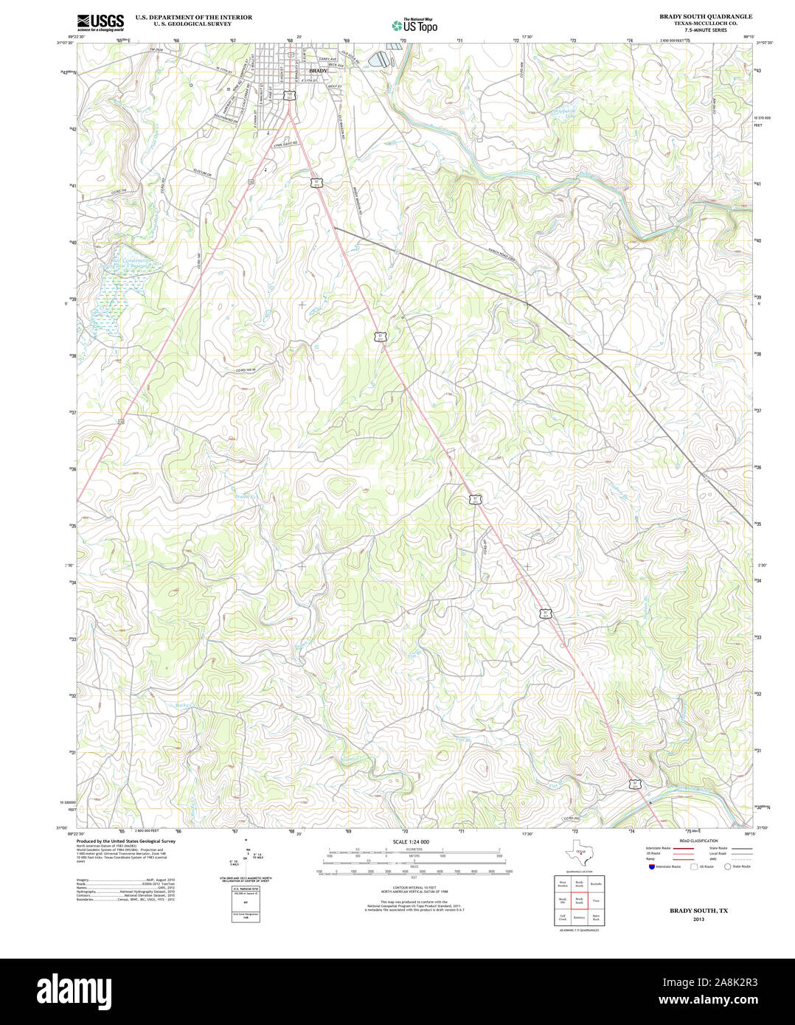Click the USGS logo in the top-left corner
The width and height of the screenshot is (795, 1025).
[x=100, y=21]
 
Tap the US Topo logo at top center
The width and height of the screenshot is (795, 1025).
[x=414, y=25]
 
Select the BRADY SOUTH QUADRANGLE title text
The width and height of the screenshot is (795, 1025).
[x=706, y=16]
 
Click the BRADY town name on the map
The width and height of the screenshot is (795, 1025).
[x=318, y=71]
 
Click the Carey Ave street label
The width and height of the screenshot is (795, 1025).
[x=327, y=58]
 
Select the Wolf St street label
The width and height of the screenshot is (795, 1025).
[x=335, y=86]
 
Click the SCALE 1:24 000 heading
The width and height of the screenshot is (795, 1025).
[x=411, y=841]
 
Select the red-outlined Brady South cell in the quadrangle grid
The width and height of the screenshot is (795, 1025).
[x=579, y=900]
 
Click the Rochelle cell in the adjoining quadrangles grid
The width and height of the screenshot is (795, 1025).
[x=596, y=883]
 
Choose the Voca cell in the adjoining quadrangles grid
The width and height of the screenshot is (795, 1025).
[x=596, y=900]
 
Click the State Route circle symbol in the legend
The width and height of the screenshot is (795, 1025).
[x=727, y=866]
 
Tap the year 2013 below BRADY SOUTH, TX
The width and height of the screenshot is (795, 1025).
[x=698, y=919]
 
